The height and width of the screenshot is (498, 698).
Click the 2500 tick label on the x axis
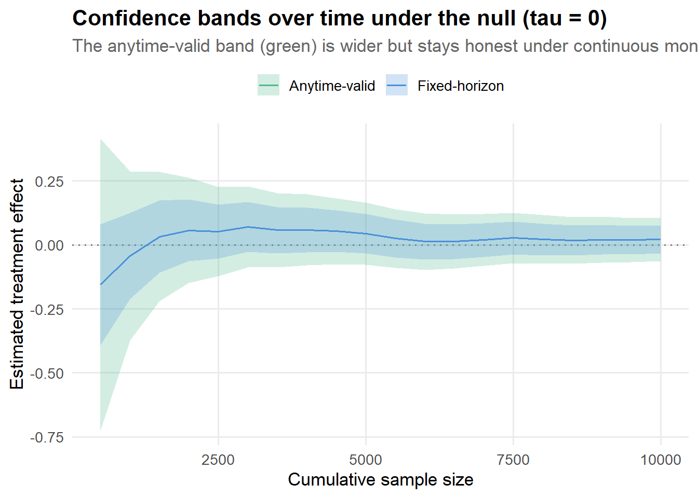click(218, 460)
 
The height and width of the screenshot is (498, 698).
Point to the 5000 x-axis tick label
click(366, 460)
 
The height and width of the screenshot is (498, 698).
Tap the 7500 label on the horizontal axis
click(513, 460)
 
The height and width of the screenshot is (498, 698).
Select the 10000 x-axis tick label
click(661, 460)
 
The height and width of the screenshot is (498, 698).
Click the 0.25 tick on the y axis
click(49, 182)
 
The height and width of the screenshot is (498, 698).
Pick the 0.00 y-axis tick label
click(49, 245)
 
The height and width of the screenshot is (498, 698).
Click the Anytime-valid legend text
click(332, 86)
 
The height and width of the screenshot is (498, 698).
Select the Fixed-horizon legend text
click(461, 86)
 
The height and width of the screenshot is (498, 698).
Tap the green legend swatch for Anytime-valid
click(269, 85)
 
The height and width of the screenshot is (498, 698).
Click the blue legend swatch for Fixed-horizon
click(397, 85)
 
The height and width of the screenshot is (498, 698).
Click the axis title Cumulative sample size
click(381, 480)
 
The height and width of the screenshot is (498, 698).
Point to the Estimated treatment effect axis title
click(17, 284)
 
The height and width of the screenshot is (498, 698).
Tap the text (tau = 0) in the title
click(565, 19)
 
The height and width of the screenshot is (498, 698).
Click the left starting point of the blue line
click(100, 284)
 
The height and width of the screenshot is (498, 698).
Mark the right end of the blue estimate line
click(661, 240)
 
